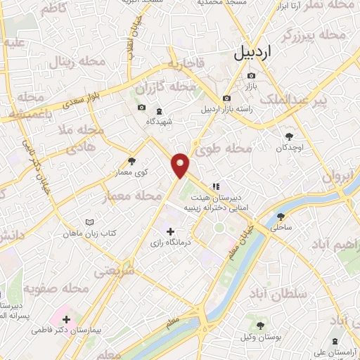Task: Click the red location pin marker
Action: point(181,165)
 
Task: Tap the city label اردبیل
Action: point(255,53)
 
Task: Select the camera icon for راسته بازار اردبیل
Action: point(226,98)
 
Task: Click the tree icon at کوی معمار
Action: point(131,162)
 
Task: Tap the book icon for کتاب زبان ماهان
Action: point(89,222)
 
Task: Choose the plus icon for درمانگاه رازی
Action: point(169,231)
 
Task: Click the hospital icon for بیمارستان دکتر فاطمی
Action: point(66,319)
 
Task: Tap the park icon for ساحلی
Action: point(281,217)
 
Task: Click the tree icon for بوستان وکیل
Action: point(260,325)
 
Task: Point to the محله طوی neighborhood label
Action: point(229,148)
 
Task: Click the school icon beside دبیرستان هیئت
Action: point(216,186)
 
